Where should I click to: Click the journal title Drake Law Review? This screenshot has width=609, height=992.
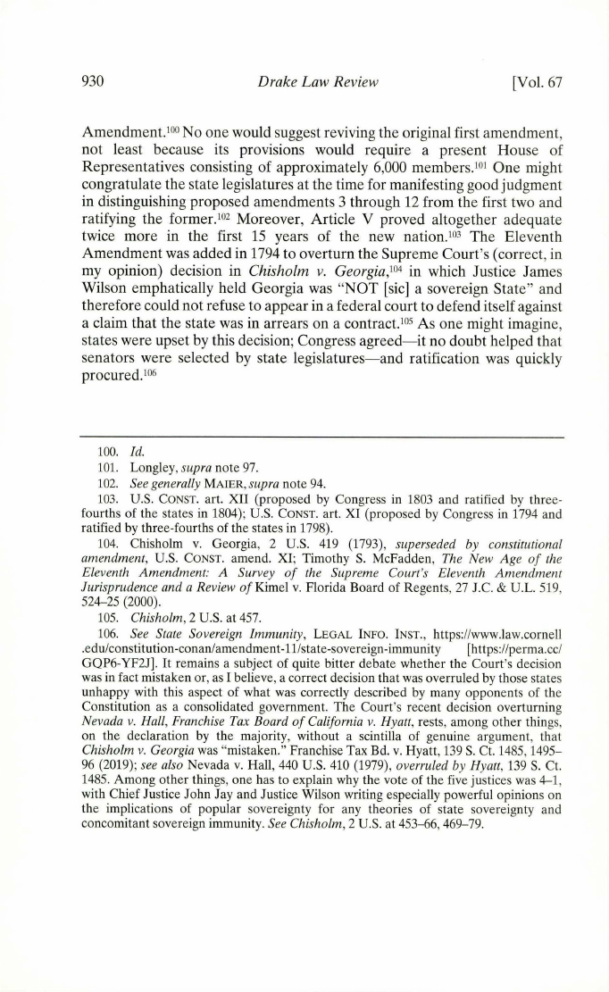304,83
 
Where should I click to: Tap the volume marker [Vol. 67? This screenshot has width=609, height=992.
532,83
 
